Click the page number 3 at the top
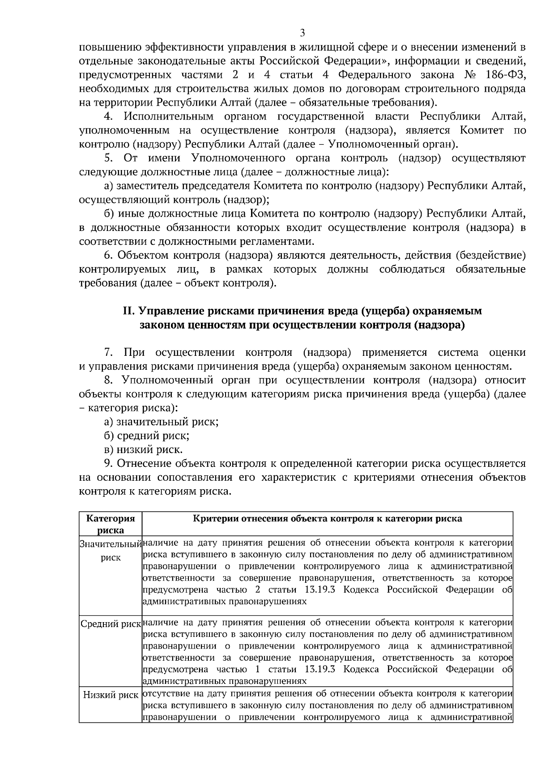[x=302, y=33]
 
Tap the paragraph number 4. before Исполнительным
[x=108, y=117]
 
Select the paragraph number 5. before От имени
[x=108, y=158]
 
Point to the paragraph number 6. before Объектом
[x=108, y=255]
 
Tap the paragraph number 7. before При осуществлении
[x=108, y=352]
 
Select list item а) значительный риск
[x=161, y=422]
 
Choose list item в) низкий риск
[x=143, y=449]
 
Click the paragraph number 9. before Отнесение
[x=108, y=463]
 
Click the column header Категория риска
[x=111, y=524]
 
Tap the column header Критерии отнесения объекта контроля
[x=327, y=519]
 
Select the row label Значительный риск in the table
[x=111, y=551]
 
